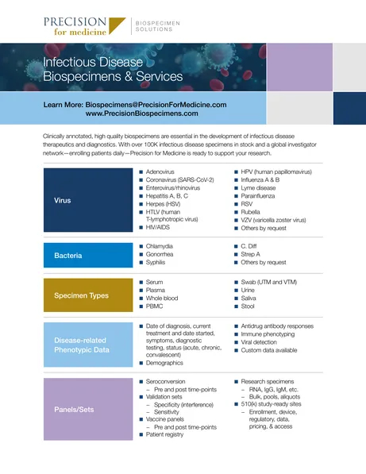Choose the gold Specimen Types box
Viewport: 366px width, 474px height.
(74, 295)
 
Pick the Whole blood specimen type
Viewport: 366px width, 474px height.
(168, 298)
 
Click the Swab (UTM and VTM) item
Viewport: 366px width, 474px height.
(275, 282)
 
